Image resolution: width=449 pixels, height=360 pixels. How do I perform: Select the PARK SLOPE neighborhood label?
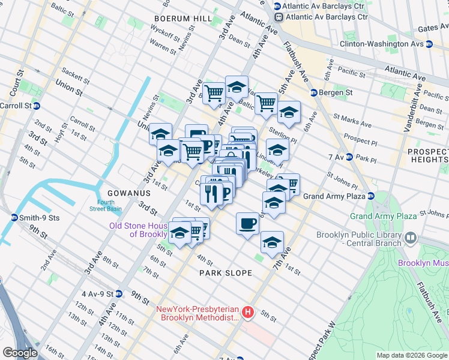(x=226, y=273)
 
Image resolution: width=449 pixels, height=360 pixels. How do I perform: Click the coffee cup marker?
(x=247, y=224)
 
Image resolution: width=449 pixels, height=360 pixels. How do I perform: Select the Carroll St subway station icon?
(x=36, y=106)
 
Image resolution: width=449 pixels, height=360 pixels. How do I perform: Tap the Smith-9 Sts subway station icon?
(x=14, y=217)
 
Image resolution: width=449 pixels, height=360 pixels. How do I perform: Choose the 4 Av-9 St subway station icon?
(x=119, y=294)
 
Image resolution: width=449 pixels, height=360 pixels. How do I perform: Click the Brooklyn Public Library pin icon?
(x=411, y=238)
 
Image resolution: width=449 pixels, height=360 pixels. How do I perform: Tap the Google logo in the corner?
(x=20, y=352)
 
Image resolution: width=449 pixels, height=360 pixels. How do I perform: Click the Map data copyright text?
(x=412, y=355)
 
